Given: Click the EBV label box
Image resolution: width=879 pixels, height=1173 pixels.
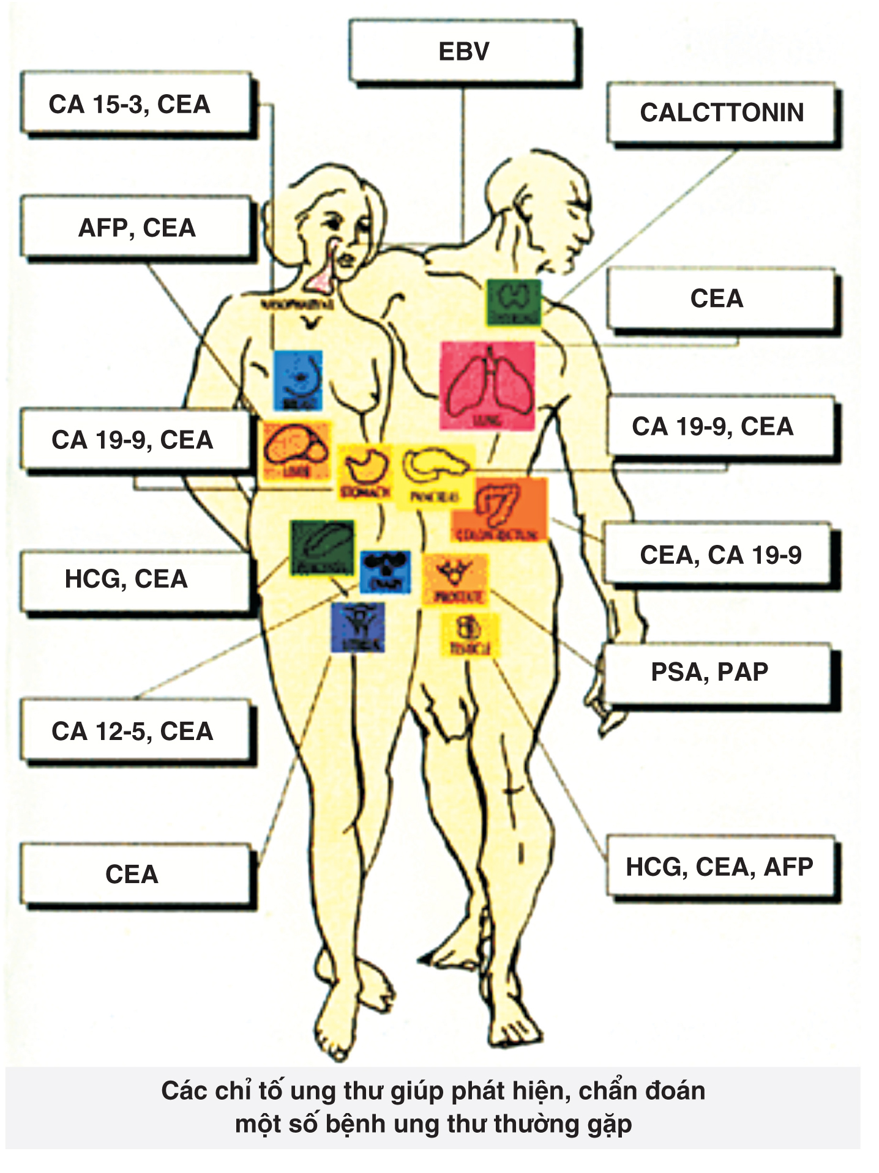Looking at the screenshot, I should coord(463,51).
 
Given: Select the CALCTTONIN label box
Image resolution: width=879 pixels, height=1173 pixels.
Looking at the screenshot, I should coord(722,113).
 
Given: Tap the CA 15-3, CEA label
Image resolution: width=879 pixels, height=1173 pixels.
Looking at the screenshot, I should coord(129,105).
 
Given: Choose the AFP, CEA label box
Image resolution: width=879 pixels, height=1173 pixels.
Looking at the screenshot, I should coord(137,228).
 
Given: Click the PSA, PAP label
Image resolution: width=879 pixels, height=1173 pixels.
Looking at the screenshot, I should coord(710,672).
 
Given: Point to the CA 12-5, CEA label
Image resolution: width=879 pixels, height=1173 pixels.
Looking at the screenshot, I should coord(132,731).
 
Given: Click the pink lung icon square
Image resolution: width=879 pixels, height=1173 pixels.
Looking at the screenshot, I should coord(488,385).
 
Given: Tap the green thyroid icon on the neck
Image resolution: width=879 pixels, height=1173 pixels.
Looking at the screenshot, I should coord(514,302).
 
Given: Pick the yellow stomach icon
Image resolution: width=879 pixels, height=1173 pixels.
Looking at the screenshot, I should coord(365,472).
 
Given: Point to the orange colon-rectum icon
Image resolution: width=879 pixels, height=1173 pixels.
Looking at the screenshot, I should coord(499,509).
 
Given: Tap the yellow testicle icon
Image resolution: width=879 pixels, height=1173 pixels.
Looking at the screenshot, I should coord(470,635).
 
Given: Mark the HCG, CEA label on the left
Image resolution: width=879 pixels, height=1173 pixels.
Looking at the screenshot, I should coord(126,579).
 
